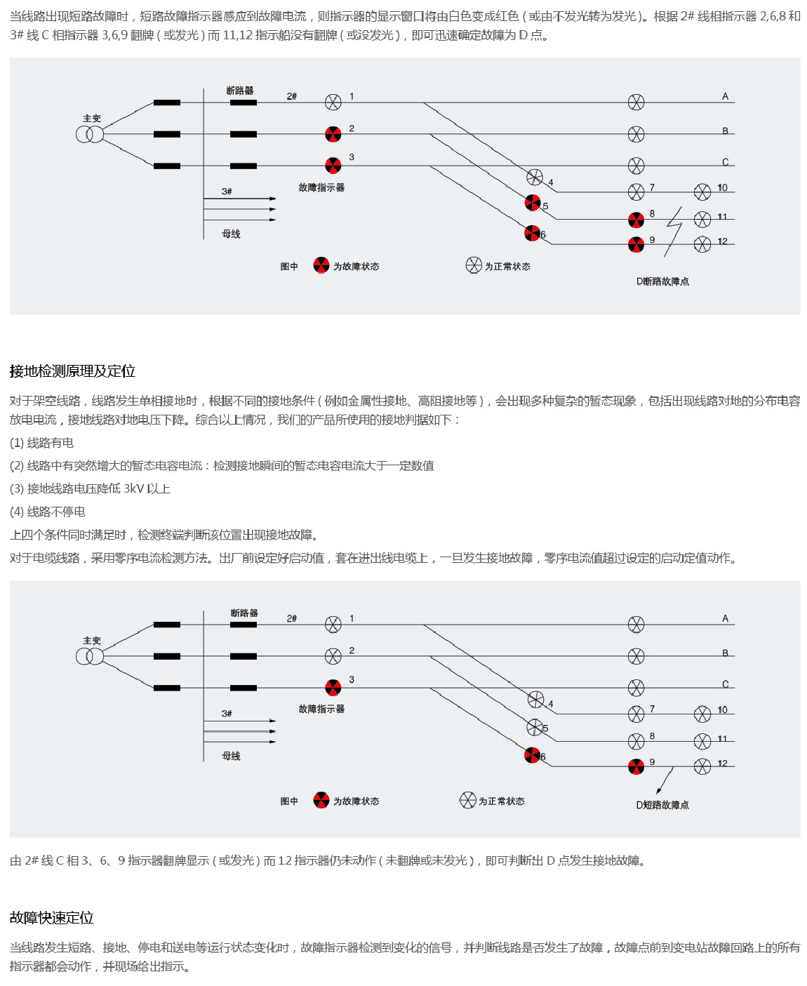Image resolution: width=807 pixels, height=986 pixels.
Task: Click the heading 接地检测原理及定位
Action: (x=72, y=371)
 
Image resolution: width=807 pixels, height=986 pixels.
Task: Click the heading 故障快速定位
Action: (x=52, y=918)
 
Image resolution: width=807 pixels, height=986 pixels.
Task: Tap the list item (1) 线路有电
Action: (x=41, y=443)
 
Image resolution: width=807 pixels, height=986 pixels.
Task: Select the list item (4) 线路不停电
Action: (x=48, y=512)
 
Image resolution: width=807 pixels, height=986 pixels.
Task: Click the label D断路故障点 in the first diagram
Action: (x=662, y=281)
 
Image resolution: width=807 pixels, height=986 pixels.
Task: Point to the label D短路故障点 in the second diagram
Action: (x=662, y=805)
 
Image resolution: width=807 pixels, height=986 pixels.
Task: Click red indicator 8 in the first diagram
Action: (x=636, y=220)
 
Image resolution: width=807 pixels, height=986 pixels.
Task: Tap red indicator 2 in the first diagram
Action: (x=333, y=134)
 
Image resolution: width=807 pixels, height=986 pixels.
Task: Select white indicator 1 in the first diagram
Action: (x=333, y=102)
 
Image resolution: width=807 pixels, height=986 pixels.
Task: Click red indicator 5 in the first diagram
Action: (x=533, y=203)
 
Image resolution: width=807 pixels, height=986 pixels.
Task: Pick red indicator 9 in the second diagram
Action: (x=636, y=766)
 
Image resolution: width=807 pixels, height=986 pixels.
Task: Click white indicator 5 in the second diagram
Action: (x=535, y=727)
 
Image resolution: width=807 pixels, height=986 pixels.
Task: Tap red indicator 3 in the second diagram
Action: (x=333, y=688)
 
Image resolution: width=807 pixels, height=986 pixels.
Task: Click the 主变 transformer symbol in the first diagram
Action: (x=90, y=134)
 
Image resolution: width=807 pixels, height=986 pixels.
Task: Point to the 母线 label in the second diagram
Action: (x=231, y=756)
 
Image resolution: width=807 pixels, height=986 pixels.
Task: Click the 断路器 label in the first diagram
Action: (x=240, y=91)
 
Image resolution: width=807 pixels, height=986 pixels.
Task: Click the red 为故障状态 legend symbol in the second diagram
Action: (x=321, y=801)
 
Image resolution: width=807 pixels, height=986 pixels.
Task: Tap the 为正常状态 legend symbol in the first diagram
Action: (x=474, y=265)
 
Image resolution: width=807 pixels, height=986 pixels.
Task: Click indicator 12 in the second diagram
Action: (x=702, y=766)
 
